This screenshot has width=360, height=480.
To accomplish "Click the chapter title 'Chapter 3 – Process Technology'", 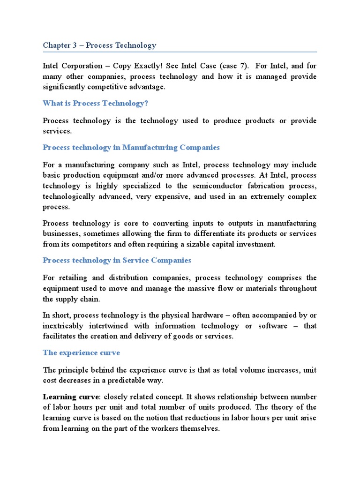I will click(x=99, y=45).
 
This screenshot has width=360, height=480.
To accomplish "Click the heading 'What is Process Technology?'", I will click(x=98, y=103).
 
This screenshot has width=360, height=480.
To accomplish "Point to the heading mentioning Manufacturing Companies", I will click(x=131, y=147).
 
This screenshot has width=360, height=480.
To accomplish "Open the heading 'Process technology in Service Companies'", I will click(x=117, y=260).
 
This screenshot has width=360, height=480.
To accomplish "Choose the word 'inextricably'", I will click(x=63, y=326).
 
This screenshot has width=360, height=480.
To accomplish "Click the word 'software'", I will click(x=272, y=326).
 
